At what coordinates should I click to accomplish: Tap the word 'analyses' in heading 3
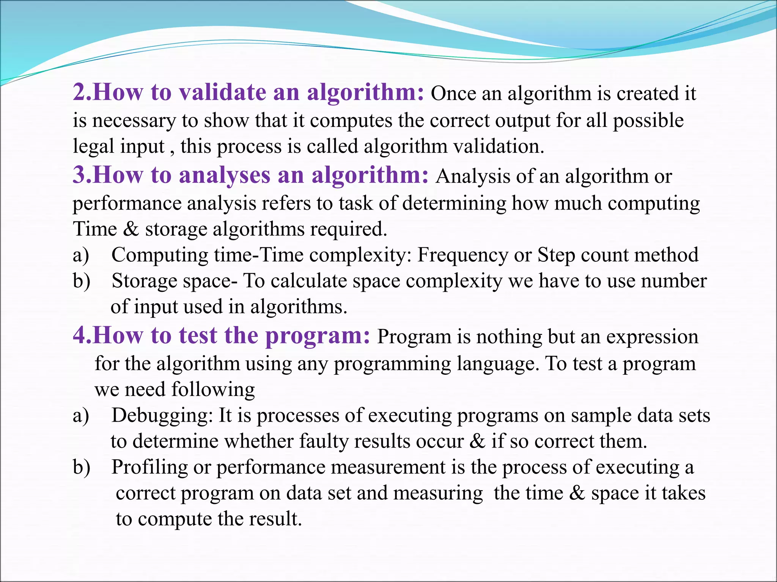[225, 175]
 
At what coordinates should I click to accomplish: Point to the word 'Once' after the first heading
[453, 94]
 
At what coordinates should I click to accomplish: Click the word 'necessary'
[134, 121]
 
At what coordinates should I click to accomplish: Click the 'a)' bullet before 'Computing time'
[81, 255]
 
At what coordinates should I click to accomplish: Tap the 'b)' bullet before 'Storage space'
[81, 281]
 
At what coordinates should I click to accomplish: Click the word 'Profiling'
[149, 467]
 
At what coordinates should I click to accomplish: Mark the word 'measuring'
[438, 493]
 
